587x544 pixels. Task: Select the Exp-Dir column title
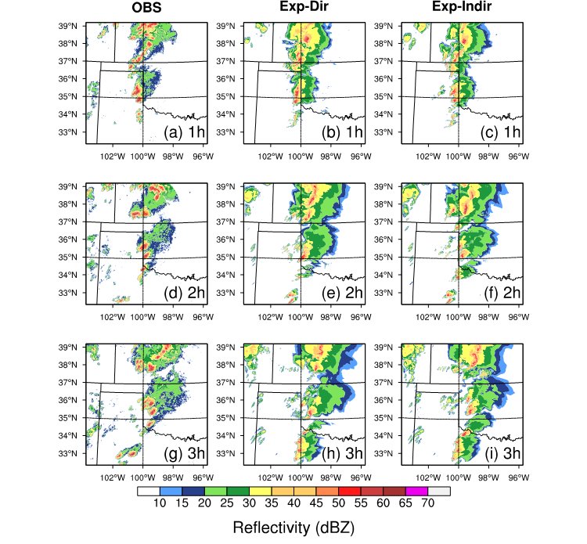click(304, 9)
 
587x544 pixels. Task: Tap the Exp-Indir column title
click(462, 9)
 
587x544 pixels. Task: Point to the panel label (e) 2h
click(343, 293)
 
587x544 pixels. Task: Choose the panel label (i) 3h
click(501, 453)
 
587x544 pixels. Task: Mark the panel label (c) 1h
click(501, 132)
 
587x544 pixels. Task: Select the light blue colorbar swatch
click(168, 492)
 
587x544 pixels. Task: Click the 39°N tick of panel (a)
click(68, 26)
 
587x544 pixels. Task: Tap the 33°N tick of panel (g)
click(68, 453)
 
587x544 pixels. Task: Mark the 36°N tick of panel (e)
click(227, 240)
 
